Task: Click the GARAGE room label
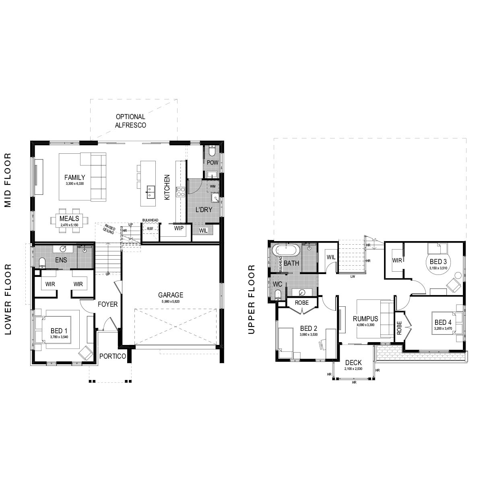coord(170,295)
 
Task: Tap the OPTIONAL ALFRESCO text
coord(130,121)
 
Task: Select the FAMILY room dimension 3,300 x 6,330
coord(74,184)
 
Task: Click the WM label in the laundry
coord(213,186)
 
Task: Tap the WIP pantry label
coord(179,228)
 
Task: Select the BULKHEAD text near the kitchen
coord(150,220)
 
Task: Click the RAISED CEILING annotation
coord(109,229)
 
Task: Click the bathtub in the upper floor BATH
coord(286,250)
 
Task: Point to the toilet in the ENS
coord(42,263)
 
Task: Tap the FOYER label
coord(107,304)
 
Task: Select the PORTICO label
coord(112,356)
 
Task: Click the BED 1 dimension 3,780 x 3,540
coord(59,336)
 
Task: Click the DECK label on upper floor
coord(353,363)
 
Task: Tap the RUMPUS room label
coord(365,319)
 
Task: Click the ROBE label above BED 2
coord(301,303)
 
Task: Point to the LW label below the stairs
coord(353,277)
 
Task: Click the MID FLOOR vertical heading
coord(8,180)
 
